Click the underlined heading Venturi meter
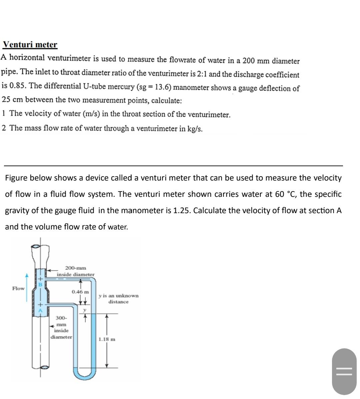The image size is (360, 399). coord(30,45)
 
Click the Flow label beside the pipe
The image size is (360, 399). coord(18,288)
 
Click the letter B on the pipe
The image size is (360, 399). coord(40,285)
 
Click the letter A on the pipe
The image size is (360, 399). coord(40,310)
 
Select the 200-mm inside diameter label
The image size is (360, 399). coord(75,271)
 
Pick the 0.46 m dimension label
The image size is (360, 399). coord(80,292)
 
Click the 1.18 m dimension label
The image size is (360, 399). coord(107,339)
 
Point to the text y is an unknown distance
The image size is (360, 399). coord(118,298)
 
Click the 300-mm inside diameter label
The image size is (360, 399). coord(61,327)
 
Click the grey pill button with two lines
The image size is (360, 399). coord(344,371)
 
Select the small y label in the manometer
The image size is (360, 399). coord(85,310)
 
